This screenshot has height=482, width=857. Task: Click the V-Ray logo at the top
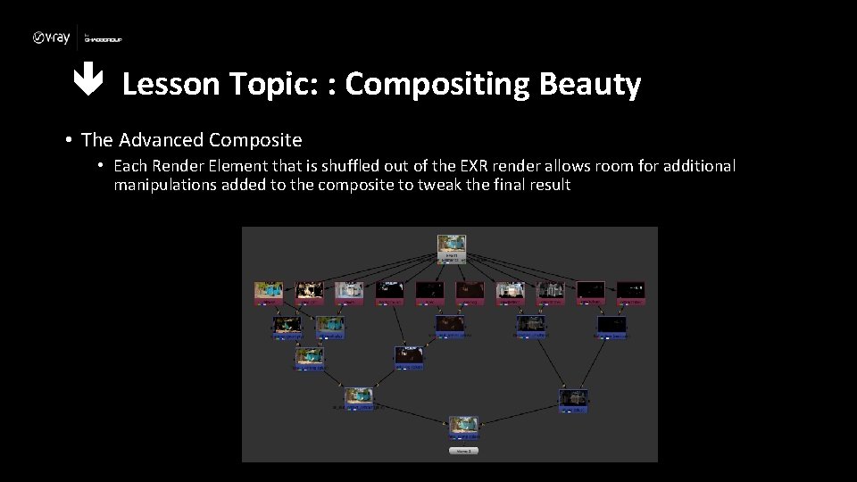tap(53, 37)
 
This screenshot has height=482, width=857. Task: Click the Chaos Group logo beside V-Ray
tap(103, 38)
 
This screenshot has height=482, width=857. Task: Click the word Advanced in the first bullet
tap(159, 140)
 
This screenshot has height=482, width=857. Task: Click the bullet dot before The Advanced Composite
tap(68, 140)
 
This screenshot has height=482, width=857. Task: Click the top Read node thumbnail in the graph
tap(452, 246)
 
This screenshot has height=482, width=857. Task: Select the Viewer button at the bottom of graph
tap(463, 451)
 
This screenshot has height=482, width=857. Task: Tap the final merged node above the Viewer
tap(463, 427)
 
